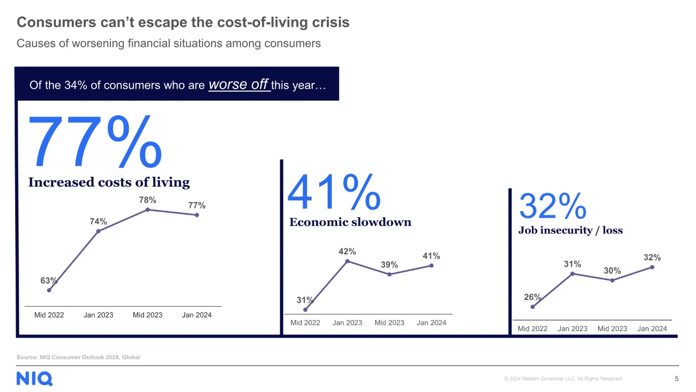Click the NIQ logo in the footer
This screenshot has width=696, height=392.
point(34,378)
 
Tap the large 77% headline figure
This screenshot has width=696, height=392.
point(95,142)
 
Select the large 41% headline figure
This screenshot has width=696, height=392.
point(334,192)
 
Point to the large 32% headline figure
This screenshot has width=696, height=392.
point(553,206)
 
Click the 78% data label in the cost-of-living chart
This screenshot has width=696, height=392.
point(147,200)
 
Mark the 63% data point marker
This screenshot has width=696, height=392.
point(49,290)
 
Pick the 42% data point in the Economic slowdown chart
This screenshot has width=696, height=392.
point(347,261)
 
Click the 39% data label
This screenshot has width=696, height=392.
point(389,265)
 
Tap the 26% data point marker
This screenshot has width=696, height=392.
point(532,307)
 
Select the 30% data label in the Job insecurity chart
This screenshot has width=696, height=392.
point(612,271)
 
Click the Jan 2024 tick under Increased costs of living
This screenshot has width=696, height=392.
point(197,315)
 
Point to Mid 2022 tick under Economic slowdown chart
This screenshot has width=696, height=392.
point(305,323)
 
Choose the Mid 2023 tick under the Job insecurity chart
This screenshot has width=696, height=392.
point(612,328)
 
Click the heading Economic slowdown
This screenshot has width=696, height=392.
point(350,222)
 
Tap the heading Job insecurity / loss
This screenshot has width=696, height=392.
point(570,230)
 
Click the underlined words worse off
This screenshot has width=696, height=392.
point(238,84)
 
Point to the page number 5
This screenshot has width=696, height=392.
point(677,378)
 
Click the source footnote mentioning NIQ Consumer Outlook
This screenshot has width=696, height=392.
point(78,357)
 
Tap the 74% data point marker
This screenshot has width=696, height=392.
point(98,231)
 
